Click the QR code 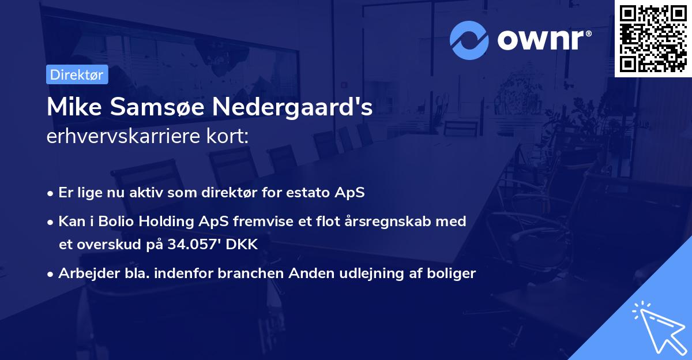653,38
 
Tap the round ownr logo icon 469,40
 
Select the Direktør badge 77,74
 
